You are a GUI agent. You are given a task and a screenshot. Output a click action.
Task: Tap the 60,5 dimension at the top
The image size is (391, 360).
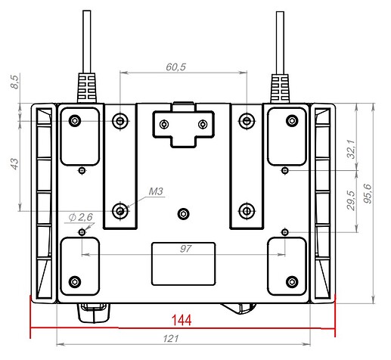click(x=175, y=67)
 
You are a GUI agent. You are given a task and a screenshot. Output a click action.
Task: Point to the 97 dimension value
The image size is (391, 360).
click(x=184, y=248)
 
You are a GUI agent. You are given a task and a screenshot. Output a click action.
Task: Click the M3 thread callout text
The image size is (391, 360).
click(x=157, y=192)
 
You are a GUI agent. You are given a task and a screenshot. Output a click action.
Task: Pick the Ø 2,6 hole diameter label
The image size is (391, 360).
click(x=79, y=218)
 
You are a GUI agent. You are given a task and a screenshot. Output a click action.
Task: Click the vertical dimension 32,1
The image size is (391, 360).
click(x=350, y=149)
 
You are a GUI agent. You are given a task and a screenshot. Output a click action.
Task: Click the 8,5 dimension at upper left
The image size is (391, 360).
click(x=14, y=82)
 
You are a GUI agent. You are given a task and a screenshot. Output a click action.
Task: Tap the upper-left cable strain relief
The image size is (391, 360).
click(x=86, y=85)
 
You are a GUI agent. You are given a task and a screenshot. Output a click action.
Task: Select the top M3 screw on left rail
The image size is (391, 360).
click(x=120, y=121)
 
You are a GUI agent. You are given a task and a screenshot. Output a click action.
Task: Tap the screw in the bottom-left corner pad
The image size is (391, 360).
click(x=74, y=281)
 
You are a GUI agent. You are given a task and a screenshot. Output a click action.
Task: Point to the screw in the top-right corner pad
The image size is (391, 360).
click(x=289, y=121)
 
